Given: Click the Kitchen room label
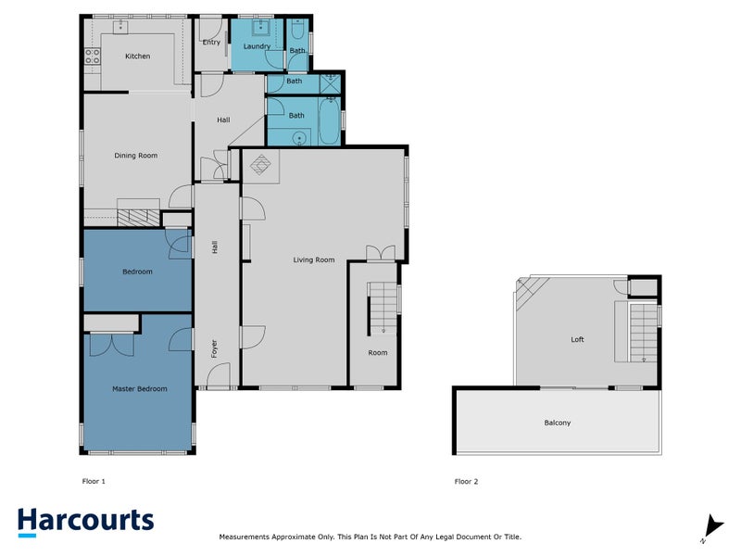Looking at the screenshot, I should click(137, 57).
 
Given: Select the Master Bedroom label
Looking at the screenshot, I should click(139, 389).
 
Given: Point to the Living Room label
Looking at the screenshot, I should click(313, 259).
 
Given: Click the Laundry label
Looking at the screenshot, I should click(257, 46).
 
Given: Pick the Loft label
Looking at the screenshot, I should click(577, 340).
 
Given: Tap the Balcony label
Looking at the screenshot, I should click(557, 423).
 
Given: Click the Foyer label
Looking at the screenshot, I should click(214, 349).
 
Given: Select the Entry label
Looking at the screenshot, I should click(211, 42).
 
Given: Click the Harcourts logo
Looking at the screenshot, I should click(85, 521).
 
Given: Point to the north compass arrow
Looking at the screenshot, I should click(710, 525).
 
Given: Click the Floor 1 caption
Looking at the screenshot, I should click(94, 482).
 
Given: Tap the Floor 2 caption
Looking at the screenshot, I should click(466, 482).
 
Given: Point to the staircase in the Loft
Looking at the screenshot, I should click(642, 332).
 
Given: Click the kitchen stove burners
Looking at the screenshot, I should click(93, 57).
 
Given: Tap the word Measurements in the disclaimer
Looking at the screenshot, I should click(245, 537).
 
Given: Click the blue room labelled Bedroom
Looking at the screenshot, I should click(136, 271).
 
